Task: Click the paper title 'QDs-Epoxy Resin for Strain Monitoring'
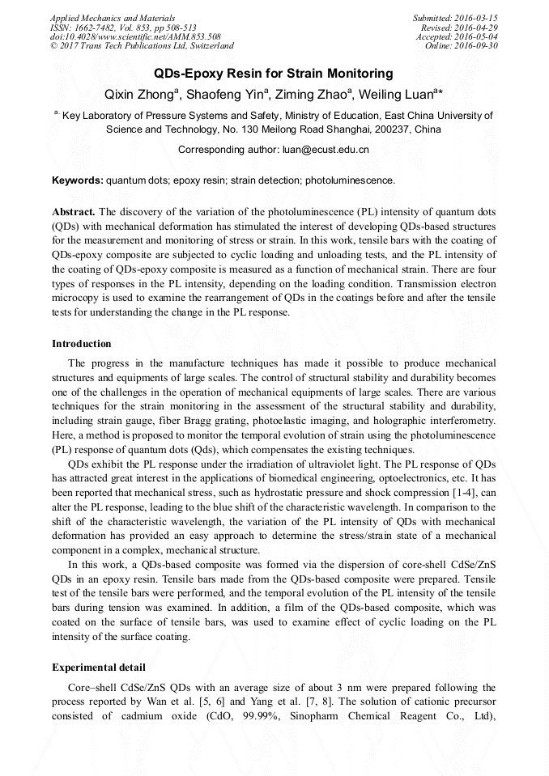(274, 74)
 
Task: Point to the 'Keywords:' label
(78, 180)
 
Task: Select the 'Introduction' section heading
(82, 344)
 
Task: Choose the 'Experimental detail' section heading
(99, 668)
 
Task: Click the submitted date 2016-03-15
(473, 18)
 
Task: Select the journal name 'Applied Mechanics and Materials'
(113, 18)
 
